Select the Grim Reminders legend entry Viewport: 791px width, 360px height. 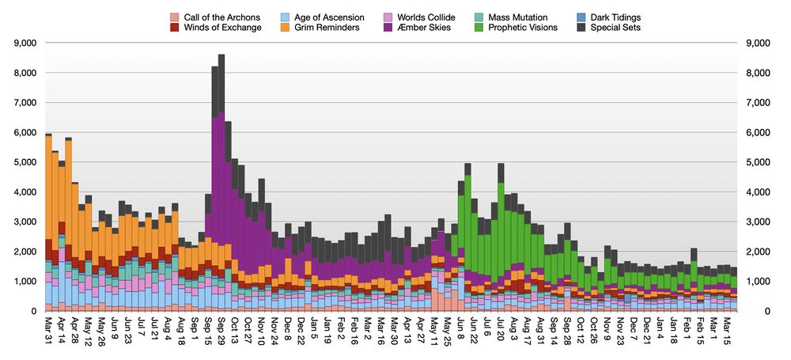(316, 28)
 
